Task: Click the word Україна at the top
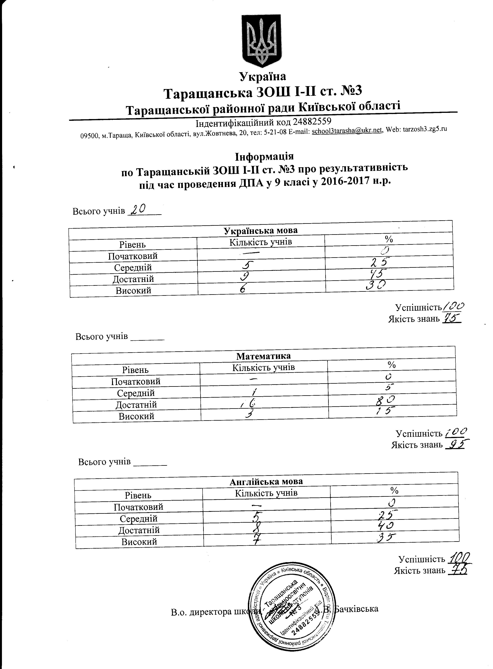tap(263, 77)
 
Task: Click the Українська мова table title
tap(260, 231)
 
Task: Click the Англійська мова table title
tap(266, 482)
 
